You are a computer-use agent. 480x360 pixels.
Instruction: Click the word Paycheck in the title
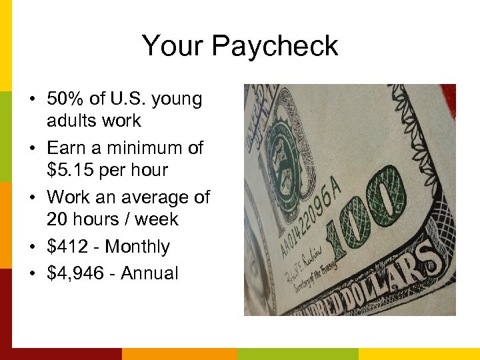coord(275,46)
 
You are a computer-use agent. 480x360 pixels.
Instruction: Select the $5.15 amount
coord(68,170)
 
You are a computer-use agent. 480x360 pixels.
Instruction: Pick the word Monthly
coord(137,247)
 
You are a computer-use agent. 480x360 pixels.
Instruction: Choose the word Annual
coord(149,273)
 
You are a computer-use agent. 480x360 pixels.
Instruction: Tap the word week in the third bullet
coord(157,219)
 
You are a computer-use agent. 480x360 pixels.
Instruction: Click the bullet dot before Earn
coord(33,148)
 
